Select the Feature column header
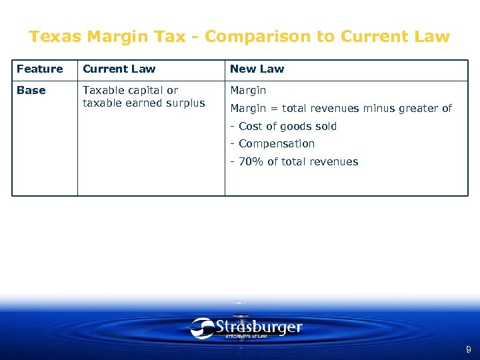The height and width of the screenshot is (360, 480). pos(39,69)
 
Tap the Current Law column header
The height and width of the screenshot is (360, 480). pos(119,69)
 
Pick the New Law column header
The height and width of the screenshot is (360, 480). pos(257,69)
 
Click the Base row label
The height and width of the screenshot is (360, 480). pos(31,90)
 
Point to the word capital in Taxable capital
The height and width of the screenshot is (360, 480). pos(145,90)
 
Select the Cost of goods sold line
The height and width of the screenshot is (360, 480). pos(283,126)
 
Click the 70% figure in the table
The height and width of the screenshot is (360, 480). pos(251,161)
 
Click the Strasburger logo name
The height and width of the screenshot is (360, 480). pos(259,327)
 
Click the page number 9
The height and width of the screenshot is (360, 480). pos(468,349)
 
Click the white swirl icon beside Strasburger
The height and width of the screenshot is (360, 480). pos(202,328)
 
